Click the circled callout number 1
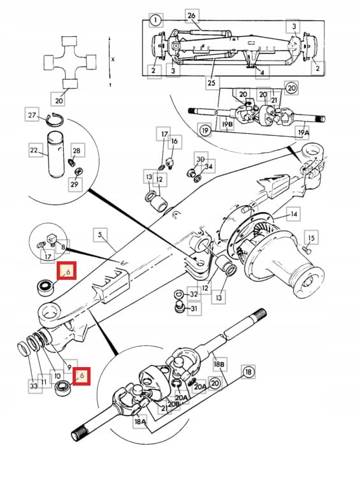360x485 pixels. click(154, 20)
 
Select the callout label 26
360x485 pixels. click(192, 15)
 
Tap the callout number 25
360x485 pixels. click(211, 82)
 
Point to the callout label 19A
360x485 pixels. click(303, 133)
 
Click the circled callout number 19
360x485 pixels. click(205, 130)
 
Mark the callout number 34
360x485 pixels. click(210, 167)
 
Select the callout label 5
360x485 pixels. click(99, 234)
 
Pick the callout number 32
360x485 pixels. click(194, 294)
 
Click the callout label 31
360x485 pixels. click(194, 309)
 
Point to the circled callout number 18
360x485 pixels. click(248, 371)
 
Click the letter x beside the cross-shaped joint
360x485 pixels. click(113, 58)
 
